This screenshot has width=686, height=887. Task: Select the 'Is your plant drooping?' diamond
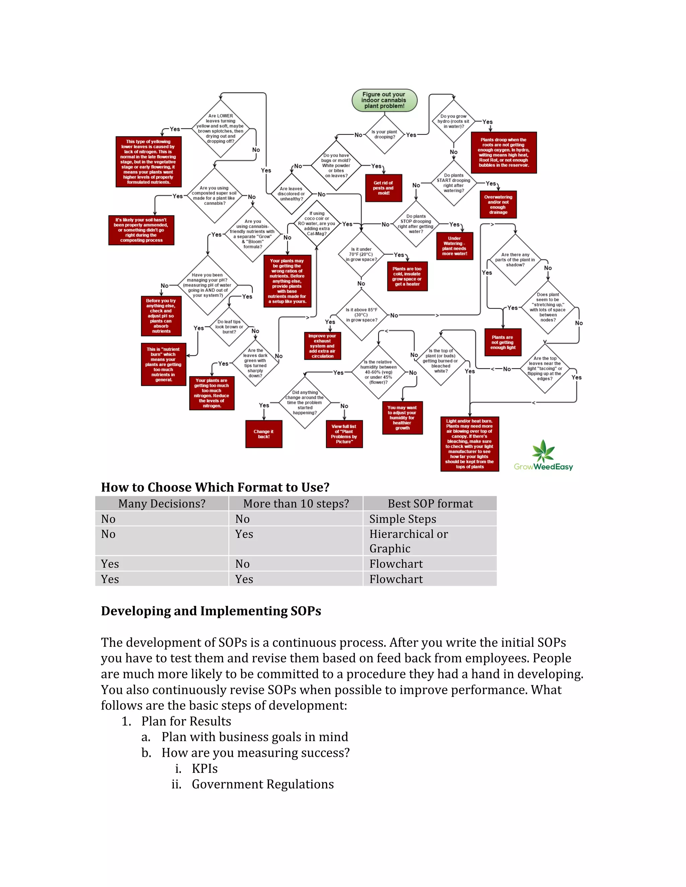[x=384, y=135]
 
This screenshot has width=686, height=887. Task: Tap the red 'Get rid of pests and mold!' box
[x=384, y=188]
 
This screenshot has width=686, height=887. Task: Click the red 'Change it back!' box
[x=264, y=434]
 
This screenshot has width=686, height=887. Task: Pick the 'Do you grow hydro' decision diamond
[x=454, y=121]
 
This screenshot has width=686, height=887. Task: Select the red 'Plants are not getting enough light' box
[x=503, y=342]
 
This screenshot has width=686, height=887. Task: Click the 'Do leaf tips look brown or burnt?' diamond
[x=229, y=327]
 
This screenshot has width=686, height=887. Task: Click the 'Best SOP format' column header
[x=430, y=504]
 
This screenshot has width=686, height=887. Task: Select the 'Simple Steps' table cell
[x=402, y=519]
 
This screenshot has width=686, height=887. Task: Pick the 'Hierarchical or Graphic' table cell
[x=408, y=541]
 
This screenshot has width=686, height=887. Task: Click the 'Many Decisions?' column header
[x=162, y=504]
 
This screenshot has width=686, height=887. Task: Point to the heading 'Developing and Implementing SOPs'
[x=211, y=611]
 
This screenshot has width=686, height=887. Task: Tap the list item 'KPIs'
[x=204, y=769]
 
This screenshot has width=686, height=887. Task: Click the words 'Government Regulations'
[x=263, y=784]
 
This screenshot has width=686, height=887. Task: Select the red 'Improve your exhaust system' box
[x=322, y=346]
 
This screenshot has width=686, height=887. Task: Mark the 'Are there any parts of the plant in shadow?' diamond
[x=515, y=260]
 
